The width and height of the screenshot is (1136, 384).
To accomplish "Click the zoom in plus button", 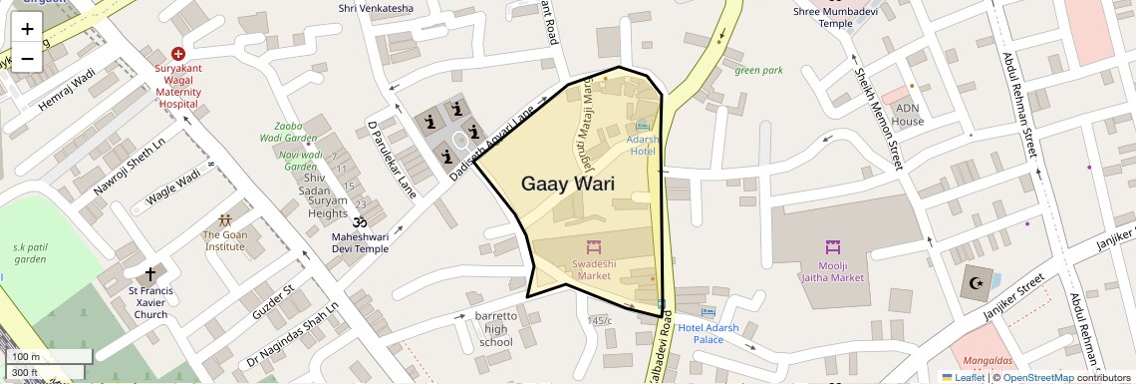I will (27, 29).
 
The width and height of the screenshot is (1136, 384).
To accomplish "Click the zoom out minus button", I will (27, 58).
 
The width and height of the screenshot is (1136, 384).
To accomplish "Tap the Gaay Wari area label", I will (567, 184).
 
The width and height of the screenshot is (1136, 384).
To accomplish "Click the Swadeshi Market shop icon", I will (592, 245).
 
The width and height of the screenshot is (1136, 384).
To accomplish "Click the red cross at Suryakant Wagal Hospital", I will (178, 53).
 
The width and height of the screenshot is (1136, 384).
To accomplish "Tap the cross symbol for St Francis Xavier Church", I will (151, 273).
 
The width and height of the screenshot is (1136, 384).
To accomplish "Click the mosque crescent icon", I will (975, 284).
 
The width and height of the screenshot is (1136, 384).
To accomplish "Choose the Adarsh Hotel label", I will (642, 146).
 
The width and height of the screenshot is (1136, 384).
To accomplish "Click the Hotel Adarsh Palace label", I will (709, 333).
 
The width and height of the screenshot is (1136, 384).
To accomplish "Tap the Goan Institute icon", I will (225, 219).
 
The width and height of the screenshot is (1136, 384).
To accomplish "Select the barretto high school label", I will (496, 329).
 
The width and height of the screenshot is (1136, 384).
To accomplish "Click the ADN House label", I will (908, 115).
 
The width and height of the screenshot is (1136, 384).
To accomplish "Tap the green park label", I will (759, 70).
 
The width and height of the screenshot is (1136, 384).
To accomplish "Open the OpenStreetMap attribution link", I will (1038, 377).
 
